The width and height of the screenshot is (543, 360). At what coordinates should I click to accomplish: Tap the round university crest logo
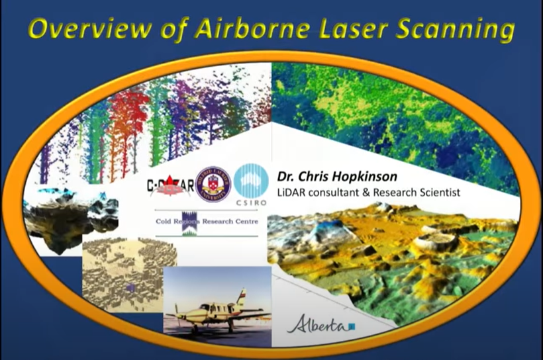coord(213,183)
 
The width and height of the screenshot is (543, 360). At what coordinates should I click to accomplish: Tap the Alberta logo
coord(321,326)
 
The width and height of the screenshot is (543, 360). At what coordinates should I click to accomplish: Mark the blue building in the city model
coord(130,288)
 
